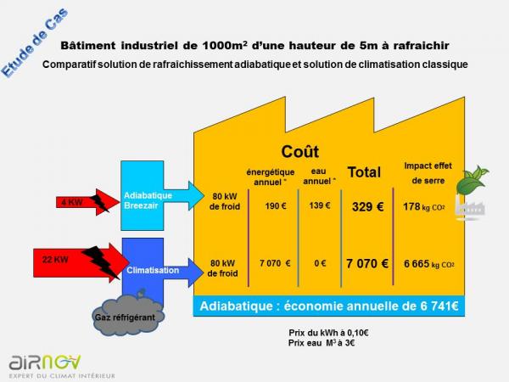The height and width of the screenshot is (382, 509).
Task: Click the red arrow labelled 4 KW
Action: pos(87,202)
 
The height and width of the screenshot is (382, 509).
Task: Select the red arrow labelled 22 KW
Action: pos(81,262)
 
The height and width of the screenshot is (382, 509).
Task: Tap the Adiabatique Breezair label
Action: pos(148,200)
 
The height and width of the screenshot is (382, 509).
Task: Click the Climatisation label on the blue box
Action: pos(153,270)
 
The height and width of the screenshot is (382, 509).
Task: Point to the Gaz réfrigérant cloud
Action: pos(128,314)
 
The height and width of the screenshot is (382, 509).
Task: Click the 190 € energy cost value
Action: pos(276,206)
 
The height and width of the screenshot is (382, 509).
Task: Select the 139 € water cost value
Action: pos(320,205)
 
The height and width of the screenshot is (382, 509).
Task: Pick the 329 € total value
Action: pos(368,206)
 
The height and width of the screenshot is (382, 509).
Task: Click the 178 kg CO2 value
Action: pos(423,206)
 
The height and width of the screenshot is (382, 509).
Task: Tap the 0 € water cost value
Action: pos(320,263)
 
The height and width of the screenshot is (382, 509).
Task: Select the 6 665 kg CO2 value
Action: pos(428,264)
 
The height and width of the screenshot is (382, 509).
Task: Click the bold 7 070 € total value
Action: pos(367,263)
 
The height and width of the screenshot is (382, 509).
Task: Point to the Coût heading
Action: pos(300,152)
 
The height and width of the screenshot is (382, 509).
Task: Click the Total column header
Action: pos(364,172)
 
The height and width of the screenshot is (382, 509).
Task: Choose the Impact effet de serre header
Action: pos(428,173)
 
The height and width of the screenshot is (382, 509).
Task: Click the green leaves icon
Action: pos(472,180)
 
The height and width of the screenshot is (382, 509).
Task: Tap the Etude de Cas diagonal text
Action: pos(35,43)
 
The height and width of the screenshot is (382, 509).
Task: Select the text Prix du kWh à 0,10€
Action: pos(328,333)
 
